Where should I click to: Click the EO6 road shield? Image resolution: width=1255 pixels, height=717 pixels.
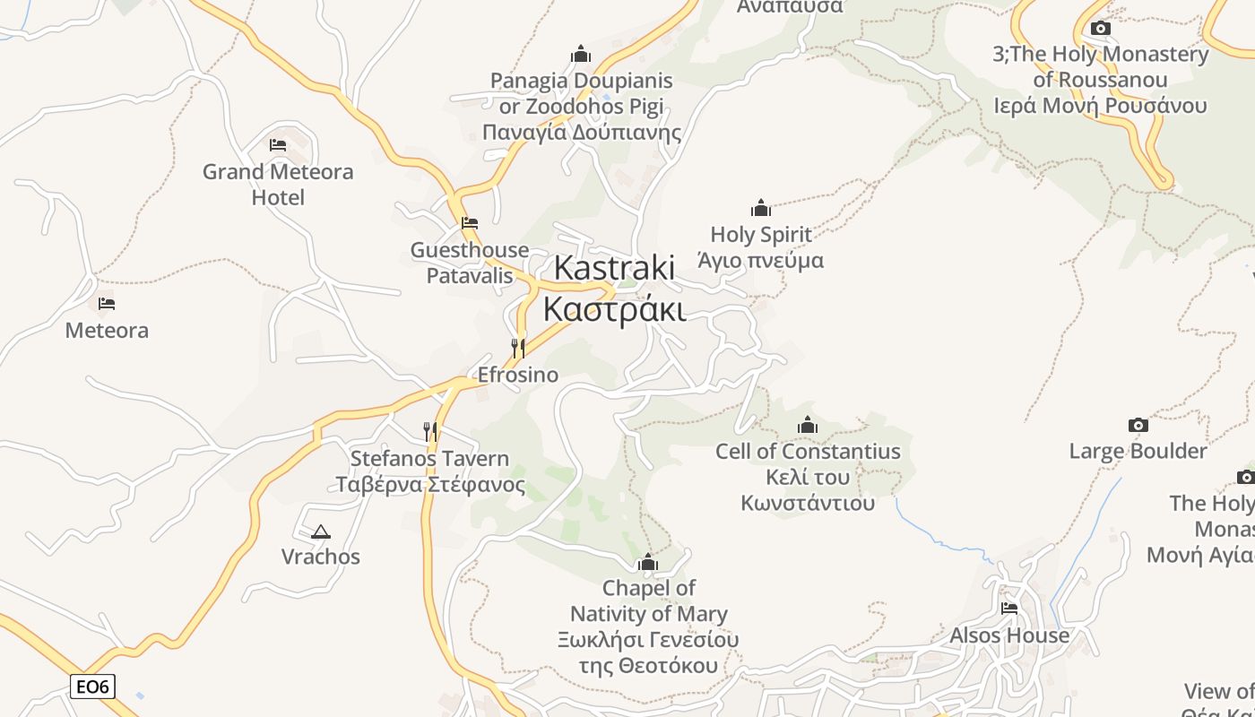(x=92, y=687)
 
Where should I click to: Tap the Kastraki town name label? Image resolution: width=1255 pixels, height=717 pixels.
(x=614, y=268)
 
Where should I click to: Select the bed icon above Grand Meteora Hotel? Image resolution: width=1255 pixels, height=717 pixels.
(x=278, y=144)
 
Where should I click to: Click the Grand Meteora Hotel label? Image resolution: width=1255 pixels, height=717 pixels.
(x=278, y=184)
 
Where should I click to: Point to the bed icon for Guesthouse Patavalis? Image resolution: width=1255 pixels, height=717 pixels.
(x=469, y=223)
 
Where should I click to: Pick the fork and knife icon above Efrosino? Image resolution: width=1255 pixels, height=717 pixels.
(x=518, y=348)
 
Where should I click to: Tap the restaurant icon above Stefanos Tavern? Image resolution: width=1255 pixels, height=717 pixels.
(x=430, y=432)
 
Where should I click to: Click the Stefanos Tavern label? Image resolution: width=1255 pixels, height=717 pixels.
(x=429, y=471)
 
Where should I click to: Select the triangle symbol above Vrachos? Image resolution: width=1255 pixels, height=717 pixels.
(x=320, y=531)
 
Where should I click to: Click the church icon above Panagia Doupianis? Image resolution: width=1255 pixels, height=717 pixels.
(x=581, y=55)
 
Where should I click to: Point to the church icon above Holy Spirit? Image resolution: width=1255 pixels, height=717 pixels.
(x=761, y=209)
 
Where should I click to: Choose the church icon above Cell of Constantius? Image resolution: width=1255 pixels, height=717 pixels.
(x=808, y=425)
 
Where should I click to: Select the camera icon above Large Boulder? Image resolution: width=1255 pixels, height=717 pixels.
(x=1138, y=425)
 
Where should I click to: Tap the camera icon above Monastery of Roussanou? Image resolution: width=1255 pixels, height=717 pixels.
(x=1101, y=29)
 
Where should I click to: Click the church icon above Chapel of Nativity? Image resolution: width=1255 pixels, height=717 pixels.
(x=647, y=563)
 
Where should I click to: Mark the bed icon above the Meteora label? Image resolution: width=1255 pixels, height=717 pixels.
(x=107, y=304)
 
